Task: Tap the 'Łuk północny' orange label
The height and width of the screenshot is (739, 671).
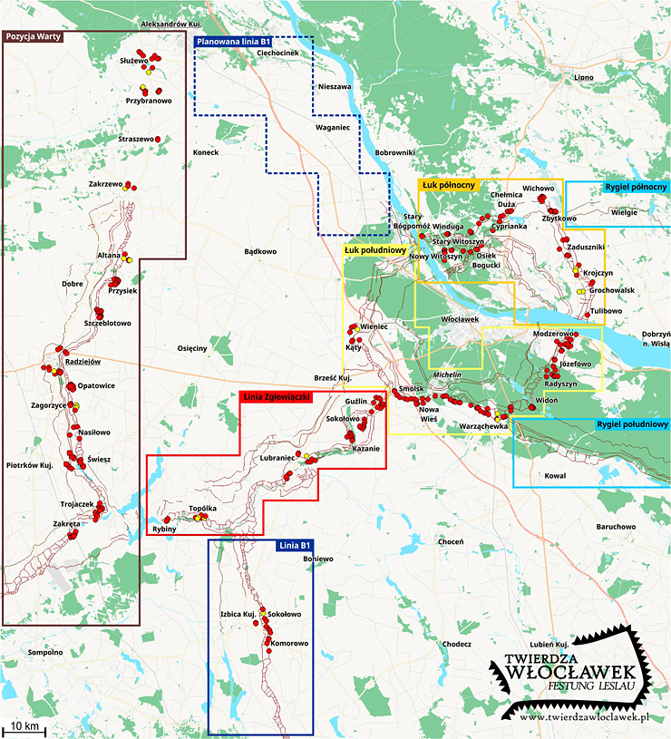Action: [x=449, y=185]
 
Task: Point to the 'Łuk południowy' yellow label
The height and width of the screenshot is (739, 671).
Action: [x=373, y=248]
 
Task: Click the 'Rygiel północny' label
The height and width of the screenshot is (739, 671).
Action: [x=635, y=188]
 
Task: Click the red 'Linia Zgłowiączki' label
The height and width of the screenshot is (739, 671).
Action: [x=277, y=397]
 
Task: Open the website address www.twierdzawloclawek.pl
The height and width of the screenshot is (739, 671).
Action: [x=587, y=717]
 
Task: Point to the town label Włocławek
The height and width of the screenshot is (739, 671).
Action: [x=459, y=320]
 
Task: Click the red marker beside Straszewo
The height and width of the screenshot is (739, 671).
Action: [x=158, y=139]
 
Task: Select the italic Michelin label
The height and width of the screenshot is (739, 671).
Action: [x=448, y=374]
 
